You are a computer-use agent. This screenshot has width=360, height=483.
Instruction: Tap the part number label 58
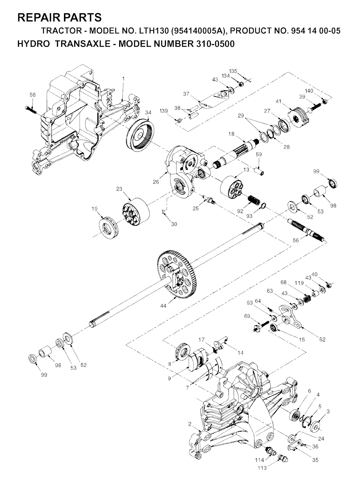(x=33, y=95)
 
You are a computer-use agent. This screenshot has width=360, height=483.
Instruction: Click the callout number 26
(x=156, y=182)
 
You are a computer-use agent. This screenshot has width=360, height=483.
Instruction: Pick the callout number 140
(x=309, y=91)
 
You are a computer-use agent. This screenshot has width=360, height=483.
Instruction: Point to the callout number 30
(x=174, y=224)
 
